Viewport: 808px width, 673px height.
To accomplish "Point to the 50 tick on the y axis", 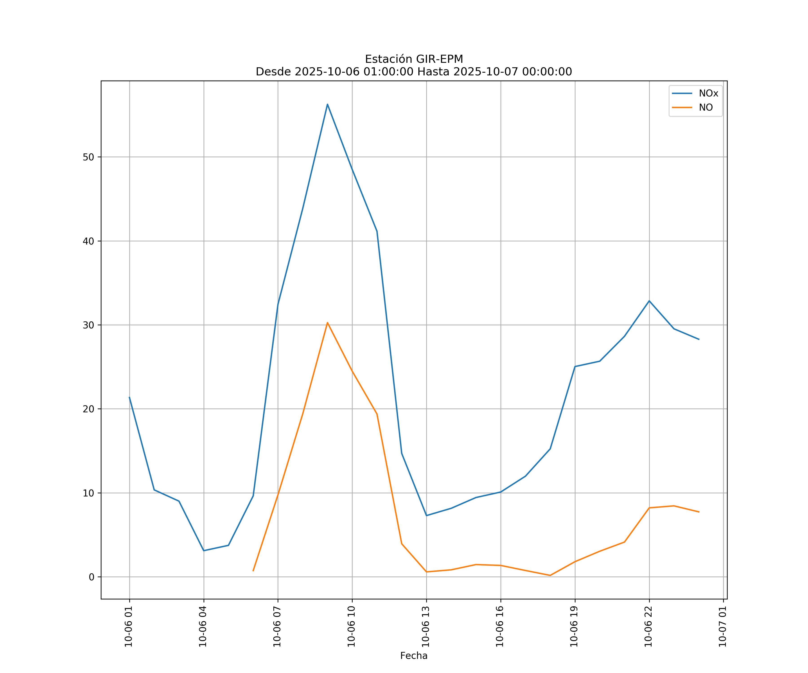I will tap(88, 157).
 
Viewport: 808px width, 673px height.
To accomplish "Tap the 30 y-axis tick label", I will tap(88, 325).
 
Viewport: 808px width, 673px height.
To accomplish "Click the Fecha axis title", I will tap(414, 656).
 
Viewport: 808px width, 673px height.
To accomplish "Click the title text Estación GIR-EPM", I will tap(414, 59).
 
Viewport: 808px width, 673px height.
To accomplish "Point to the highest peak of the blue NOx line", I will tap(327, 104).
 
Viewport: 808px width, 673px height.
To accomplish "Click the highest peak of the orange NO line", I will tap(327, 323).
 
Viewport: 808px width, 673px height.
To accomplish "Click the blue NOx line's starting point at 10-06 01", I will tap(129, 397).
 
